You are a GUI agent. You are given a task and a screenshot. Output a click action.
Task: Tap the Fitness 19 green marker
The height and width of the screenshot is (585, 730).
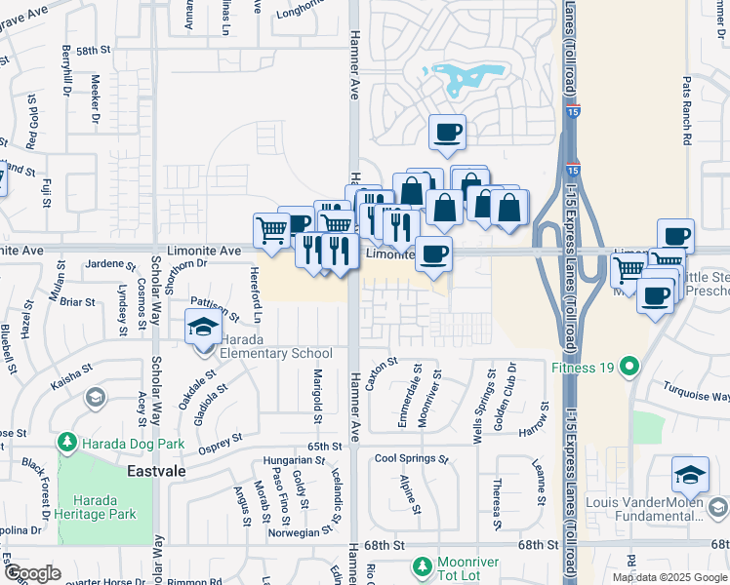[x=629, y=368]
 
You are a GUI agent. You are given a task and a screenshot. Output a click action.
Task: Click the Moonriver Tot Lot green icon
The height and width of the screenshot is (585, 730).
[x=422, y=565]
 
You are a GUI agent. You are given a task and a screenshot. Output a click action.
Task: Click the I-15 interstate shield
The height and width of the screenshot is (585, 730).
[x=575, y=114]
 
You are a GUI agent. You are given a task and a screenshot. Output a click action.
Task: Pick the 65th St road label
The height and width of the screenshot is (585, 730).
[x=323, y=445]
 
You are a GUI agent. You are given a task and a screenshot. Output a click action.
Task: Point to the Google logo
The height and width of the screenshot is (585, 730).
[x=32, y=573]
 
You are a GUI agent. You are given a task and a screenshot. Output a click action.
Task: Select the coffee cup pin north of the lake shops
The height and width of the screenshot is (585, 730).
[x=447, y=132]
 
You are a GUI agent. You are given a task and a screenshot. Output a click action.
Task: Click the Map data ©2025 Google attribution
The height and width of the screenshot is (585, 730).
[x=669, y=577]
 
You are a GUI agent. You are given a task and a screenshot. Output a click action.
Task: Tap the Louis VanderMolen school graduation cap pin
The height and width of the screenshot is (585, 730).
[x=690, y=474]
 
